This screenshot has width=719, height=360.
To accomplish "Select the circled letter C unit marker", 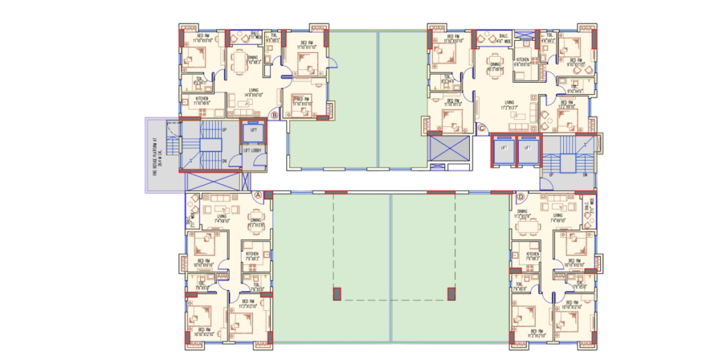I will [482, 128].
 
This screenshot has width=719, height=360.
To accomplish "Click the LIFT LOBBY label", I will [252, 150].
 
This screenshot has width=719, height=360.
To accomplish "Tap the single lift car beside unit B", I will [253, 132].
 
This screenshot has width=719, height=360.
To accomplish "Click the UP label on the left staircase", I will [224, 131].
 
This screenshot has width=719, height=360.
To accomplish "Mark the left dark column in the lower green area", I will [336, 293].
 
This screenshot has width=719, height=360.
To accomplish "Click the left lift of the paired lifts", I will [502, 150].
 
